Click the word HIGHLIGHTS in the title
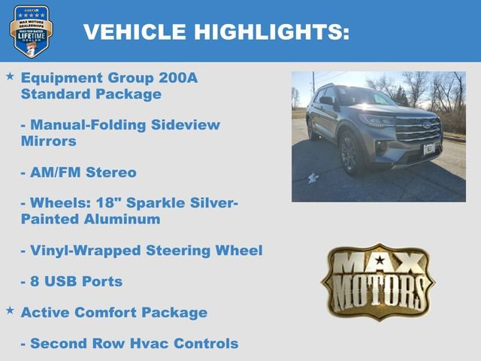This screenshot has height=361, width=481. (272, 32)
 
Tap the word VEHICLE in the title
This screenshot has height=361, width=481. (135, 32)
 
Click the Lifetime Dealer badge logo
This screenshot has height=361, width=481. (31, 31)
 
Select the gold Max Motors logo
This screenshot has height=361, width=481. (378, 282)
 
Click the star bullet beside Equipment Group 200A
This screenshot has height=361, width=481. (10, 77)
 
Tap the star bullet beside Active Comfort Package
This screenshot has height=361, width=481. (10, 310)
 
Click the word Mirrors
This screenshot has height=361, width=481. (48, 141)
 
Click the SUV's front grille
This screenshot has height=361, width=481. (418, 129)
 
